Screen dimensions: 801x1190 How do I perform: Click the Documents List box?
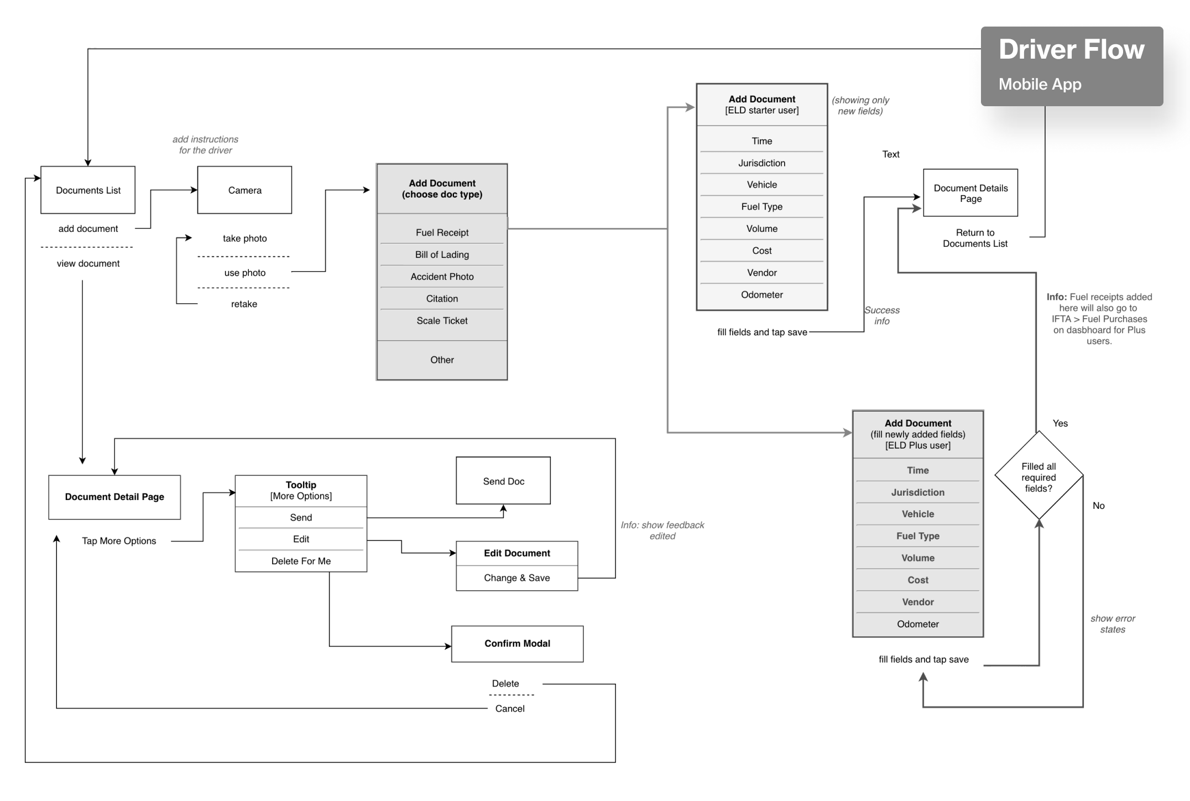click(88, 190)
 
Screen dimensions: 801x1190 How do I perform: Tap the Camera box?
click(244, 190)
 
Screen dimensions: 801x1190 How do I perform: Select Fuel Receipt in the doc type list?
click(442, 233)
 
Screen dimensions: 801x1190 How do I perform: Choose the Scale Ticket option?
click(442, 321)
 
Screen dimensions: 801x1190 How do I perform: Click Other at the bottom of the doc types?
click(442, 360)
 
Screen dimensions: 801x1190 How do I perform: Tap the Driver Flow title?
click(1071, 50)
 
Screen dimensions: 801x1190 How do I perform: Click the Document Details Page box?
click(970, 193)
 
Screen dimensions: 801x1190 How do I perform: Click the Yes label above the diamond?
click(1060, 424)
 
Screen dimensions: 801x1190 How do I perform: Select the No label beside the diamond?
click(1098, 506)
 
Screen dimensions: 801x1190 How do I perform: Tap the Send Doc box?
click(503, 481)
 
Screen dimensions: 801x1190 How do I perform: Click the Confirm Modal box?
click(517, 644)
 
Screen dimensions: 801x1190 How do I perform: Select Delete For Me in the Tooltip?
click(301, 561)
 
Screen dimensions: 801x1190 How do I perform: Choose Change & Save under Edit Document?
click(516, 578)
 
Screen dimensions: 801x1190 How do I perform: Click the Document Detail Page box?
click(114, 497)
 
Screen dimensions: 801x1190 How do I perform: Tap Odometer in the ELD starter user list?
click(761, 295)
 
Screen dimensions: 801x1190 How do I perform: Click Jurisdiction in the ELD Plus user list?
click(917, 492)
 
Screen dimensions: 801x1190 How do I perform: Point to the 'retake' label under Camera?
click(244, 304)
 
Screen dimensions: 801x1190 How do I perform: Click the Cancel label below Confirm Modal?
click(509, 709)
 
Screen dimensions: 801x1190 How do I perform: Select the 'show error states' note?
click(1112, 624)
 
